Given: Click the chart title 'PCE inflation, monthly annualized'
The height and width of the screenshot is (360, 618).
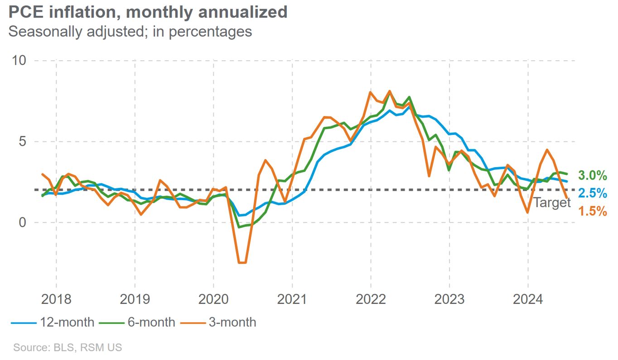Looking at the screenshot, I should [148, 12].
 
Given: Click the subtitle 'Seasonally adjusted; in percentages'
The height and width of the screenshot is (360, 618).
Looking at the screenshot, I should [130, 32].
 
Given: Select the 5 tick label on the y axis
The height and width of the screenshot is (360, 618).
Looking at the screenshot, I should [22, 141].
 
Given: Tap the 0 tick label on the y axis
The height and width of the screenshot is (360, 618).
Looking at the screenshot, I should [22, 222].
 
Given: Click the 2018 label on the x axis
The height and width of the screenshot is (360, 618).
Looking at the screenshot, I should [56, 299].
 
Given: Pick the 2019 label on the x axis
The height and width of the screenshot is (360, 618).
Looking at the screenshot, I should [135, 299].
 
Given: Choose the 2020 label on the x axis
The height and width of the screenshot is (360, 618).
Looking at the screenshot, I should [213, 299].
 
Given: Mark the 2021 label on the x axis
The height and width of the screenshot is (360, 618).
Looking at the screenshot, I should [292, 299].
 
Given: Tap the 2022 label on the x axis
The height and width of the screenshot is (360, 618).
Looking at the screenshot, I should [371, 299].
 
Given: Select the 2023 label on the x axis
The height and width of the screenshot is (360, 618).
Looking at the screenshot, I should [449, 299].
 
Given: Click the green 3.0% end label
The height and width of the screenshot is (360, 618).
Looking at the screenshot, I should [593, 176].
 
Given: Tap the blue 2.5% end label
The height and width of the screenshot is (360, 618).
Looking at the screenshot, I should [593, 193].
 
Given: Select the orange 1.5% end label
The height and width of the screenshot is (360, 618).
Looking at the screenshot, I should [593, 211].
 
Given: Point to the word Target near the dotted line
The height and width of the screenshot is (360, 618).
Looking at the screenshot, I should [552, 202].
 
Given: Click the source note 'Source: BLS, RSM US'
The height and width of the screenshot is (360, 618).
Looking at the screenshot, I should [68, 348].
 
